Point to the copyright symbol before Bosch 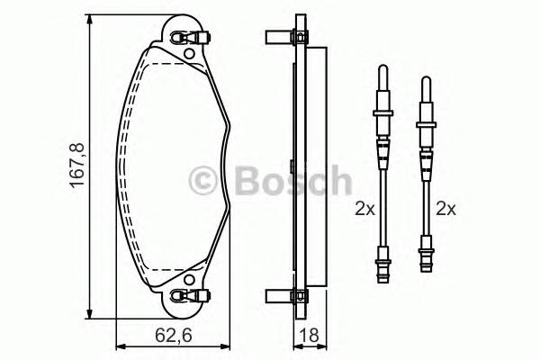click(x=203, y=181)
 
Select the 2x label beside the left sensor click(x=364, y=208)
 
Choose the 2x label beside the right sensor click(x=445, y=208)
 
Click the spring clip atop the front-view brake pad click(x=190, y=37)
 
